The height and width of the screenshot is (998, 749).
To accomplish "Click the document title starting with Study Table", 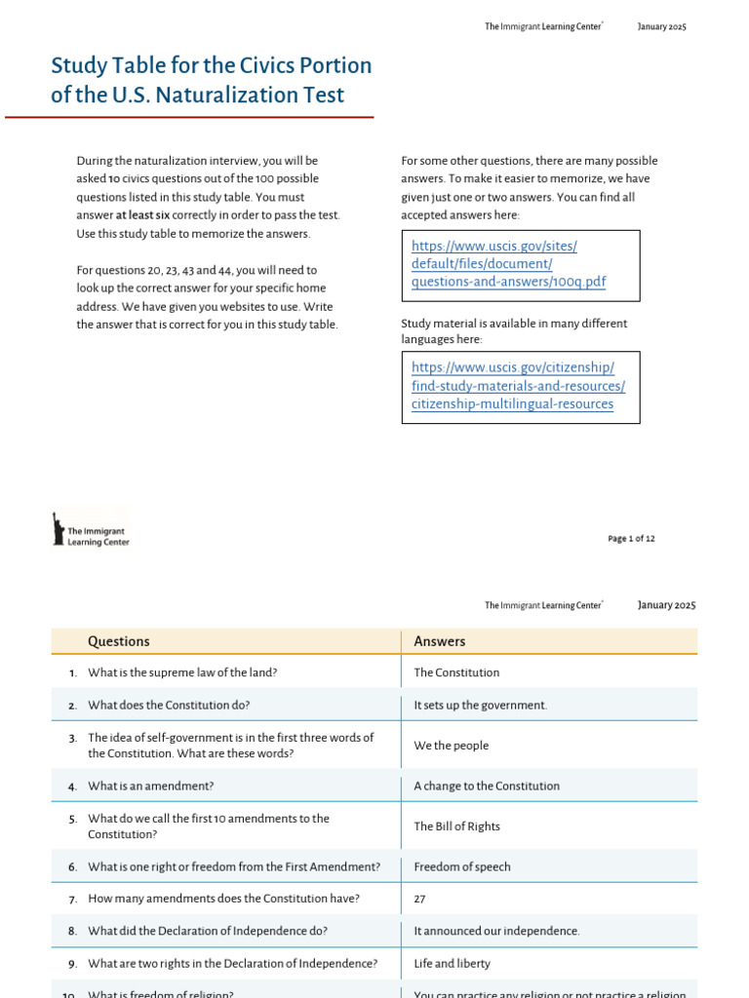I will pos(211,80).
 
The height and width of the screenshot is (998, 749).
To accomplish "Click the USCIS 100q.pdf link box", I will pos(520,264).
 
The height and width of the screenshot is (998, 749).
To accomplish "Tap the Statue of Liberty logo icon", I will pos(59,528).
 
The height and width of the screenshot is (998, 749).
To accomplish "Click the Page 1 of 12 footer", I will pos(631,538).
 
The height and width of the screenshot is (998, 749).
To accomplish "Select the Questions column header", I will pos(119,641).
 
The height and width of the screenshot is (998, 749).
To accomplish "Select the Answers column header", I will pos(440,641).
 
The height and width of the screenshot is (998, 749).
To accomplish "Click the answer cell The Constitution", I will pos(456,672).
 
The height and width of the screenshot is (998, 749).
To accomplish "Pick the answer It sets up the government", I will pos(481,705).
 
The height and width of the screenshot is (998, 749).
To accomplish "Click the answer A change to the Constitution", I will pos(487,786).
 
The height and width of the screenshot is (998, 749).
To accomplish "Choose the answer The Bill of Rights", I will pos(456,826).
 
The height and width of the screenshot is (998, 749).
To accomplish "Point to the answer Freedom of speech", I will pos(462,866).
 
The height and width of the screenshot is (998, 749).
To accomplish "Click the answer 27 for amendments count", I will pos(420,899).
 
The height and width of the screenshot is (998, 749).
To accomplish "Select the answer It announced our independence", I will pos(496,931).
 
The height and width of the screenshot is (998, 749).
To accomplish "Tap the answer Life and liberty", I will pos(453,963).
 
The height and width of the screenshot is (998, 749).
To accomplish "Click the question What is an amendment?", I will pos(150,786).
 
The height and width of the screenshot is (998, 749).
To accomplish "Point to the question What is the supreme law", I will pos(182,672).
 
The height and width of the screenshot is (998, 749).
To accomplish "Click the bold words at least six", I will pos(142,215).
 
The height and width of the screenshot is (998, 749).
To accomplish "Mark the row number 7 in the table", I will pos(72,899).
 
